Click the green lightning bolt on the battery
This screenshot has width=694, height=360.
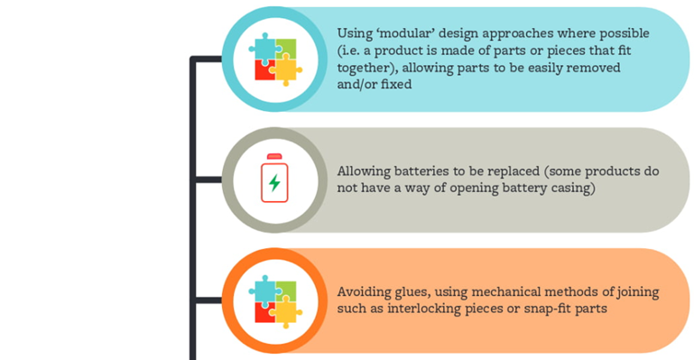click(275, 182)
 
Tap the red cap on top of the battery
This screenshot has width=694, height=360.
click(274, 156)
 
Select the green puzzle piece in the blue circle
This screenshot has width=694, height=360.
click(286, 48)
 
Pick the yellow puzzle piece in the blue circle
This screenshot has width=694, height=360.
click(286, 69)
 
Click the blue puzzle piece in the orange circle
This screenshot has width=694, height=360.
click(264, 291)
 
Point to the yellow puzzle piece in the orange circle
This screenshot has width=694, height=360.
click(286, 312)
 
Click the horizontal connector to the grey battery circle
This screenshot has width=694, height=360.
click(208, 180)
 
